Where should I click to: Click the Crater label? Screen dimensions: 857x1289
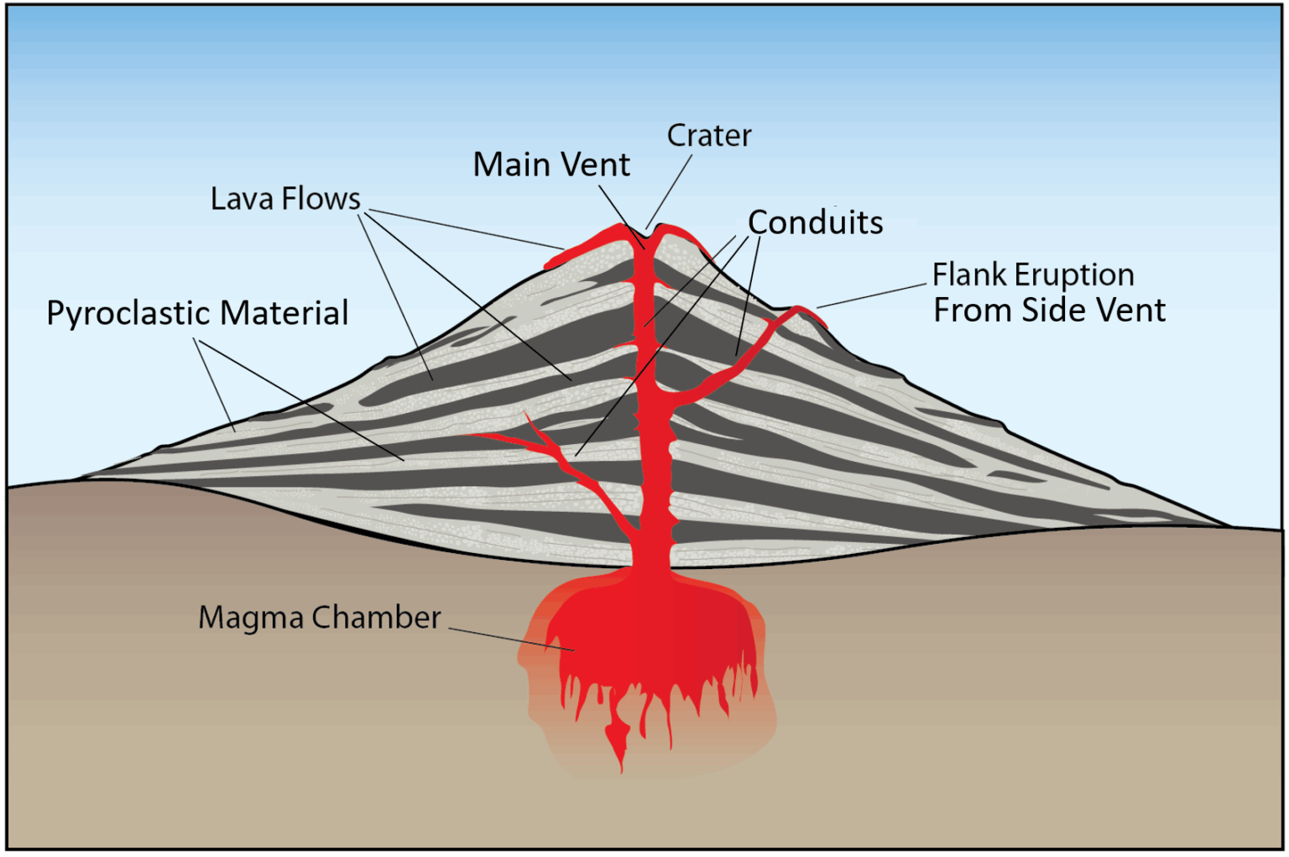708,135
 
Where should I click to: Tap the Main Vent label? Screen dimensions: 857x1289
551,165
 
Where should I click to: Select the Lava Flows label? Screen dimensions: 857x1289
284,199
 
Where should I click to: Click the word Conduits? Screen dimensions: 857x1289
815,222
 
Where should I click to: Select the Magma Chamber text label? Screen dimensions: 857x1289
319,617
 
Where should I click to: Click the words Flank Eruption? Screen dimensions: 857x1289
1033,274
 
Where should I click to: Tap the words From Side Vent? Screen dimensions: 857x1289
1049,311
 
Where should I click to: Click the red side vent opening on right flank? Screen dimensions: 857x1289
802,311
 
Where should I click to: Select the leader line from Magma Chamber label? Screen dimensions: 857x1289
512,638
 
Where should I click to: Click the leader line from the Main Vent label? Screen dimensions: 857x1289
621,217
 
